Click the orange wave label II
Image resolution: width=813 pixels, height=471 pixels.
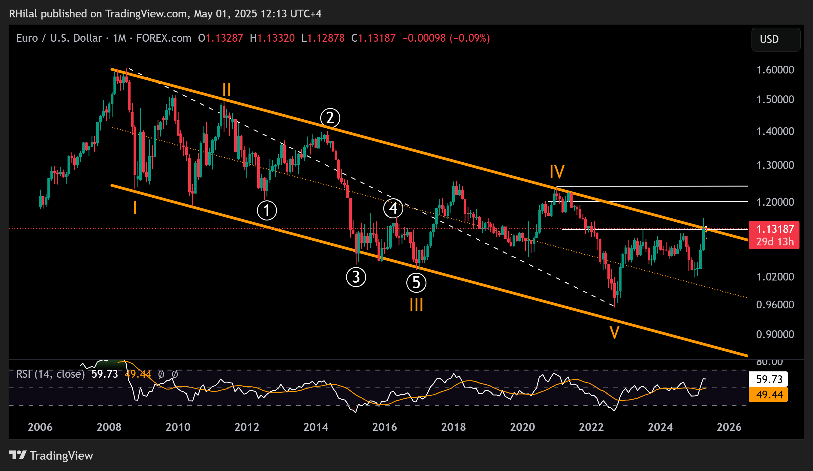click(x=227, y=89)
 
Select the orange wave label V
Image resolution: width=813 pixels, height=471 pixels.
click(x=614, y=332)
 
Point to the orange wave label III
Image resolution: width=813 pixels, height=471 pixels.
click(x=416, y=304)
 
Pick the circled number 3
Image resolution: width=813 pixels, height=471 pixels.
click(x=356, y=277)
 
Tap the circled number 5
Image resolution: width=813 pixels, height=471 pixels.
click(x=416, y=283)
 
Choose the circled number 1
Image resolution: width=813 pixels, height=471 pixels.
click(x=267, y=210)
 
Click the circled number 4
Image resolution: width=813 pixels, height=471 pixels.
click(x=393, y=208)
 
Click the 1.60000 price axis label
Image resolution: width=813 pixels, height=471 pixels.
click(x=775, y=70)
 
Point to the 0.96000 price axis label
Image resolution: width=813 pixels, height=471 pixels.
click(x=775, y=304)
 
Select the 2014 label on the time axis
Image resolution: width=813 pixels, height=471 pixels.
click(x=315, y=427)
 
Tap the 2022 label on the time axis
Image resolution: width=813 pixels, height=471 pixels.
click(x=591, y=427)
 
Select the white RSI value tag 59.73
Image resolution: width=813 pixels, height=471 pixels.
click(x=769, y=379)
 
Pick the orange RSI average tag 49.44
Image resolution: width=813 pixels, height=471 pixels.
click(x=769, y=394)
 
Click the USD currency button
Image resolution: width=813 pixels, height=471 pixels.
click(x=775, y=39)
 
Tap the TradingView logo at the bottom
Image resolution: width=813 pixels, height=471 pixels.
click(x=51, y=455)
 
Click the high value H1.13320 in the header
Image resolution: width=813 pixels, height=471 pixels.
click(x=272, y=38)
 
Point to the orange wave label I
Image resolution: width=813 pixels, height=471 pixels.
click(x=135, y=208)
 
